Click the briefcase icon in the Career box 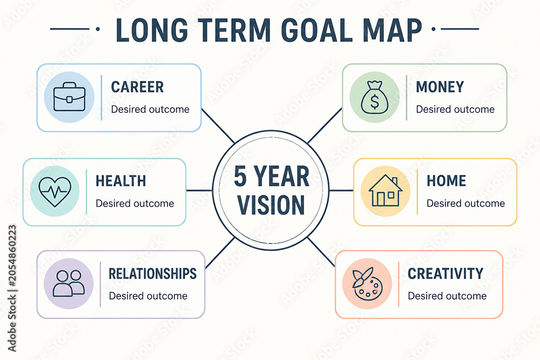tap(69, 97)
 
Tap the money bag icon tap(374, 97)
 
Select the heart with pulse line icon tap(55, 191)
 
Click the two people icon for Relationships tap(69, 283)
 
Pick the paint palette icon tap(367, 283)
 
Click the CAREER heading tap(137, 87)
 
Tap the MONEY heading tap(440, 87)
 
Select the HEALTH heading tap(121, 181)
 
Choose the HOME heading tap(447, 181)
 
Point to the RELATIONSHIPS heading tap(153, 274)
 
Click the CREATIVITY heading tap(446, 274)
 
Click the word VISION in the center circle tap(272, 205)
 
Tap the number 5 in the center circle tap(240, 176)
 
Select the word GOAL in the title tap(320, 30)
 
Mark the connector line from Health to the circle tap(199, 191)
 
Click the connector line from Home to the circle tap(341, 191)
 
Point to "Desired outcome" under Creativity tap(447, 296)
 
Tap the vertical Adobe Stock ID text tap(12, 288)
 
